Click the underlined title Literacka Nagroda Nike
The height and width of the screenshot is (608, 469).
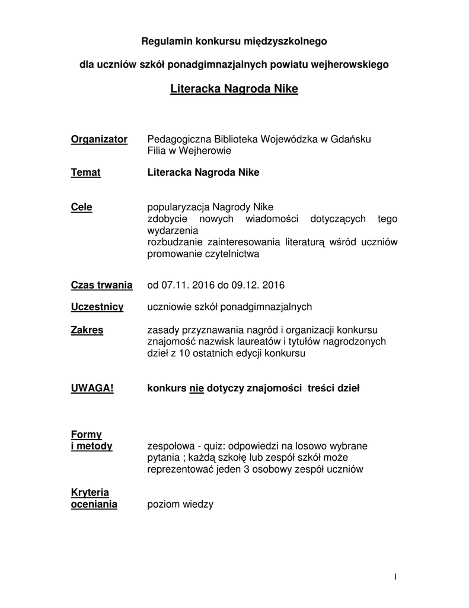click(x=234, y=90)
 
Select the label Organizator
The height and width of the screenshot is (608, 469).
click(x=99, y=139)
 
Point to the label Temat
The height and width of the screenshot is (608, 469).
click(x=85, y=172)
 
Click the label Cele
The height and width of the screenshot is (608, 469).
click(x=81, y=207)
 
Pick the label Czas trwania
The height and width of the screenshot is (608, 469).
click(x=101, y=285)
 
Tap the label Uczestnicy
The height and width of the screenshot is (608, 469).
click(x=97, y=307)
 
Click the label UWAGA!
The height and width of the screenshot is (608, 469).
click(x=92, y=388)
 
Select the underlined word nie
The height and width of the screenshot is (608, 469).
click(x=196, y=388)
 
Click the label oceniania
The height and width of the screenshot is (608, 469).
click(x=94, y=504)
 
